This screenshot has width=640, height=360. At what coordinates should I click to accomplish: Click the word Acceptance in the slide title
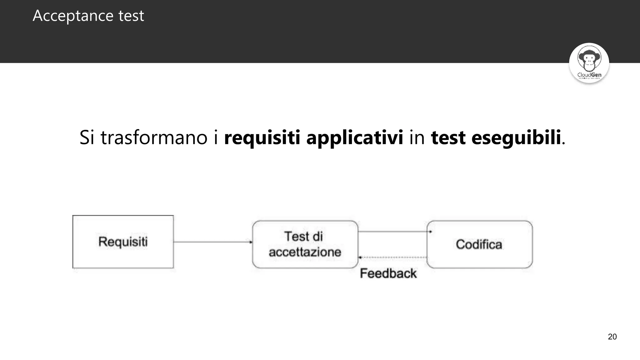[x=73, y=16]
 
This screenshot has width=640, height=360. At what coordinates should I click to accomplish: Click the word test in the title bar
[x=131, y=16]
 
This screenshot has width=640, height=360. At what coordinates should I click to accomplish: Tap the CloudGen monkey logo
[x=589, y=59]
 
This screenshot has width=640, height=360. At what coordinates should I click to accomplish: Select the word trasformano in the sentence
[x=154, y=137]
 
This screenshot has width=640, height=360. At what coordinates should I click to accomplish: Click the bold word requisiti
[x=262, y=137]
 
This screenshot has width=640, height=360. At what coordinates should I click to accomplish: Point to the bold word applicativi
[x=355, y=137]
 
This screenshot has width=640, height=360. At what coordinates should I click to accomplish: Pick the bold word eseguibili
[x=516, y=137]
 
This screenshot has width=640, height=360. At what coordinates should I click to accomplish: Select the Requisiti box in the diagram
[x=123, y=242]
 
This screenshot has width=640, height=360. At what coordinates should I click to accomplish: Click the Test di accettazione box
[x=305, y=244]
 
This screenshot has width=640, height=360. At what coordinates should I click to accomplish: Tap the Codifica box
[x=479, y=244]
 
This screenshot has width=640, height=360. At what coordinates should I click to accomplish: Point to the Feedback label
[x=388, y=273]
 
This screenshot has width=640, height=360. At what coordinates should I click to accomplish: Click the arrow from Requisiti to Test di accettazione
[x=212, y=242]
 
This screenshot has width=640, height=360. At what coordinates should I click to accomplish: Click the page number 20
[x=612, y=337]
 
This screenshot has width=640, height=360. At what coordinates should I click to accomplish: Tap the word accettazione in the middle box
[x=305, y=252]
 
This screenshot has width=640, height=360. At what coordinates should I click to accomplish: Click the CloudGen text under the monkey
[x=589, y=75]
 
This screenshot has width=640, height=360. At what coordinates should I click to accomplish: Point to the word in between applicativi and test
[x=417, y=137]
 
